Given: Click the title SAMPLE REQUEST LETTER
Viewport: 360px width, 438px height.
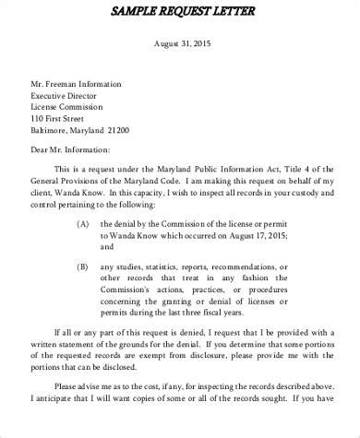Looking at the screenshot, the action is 181,10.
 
